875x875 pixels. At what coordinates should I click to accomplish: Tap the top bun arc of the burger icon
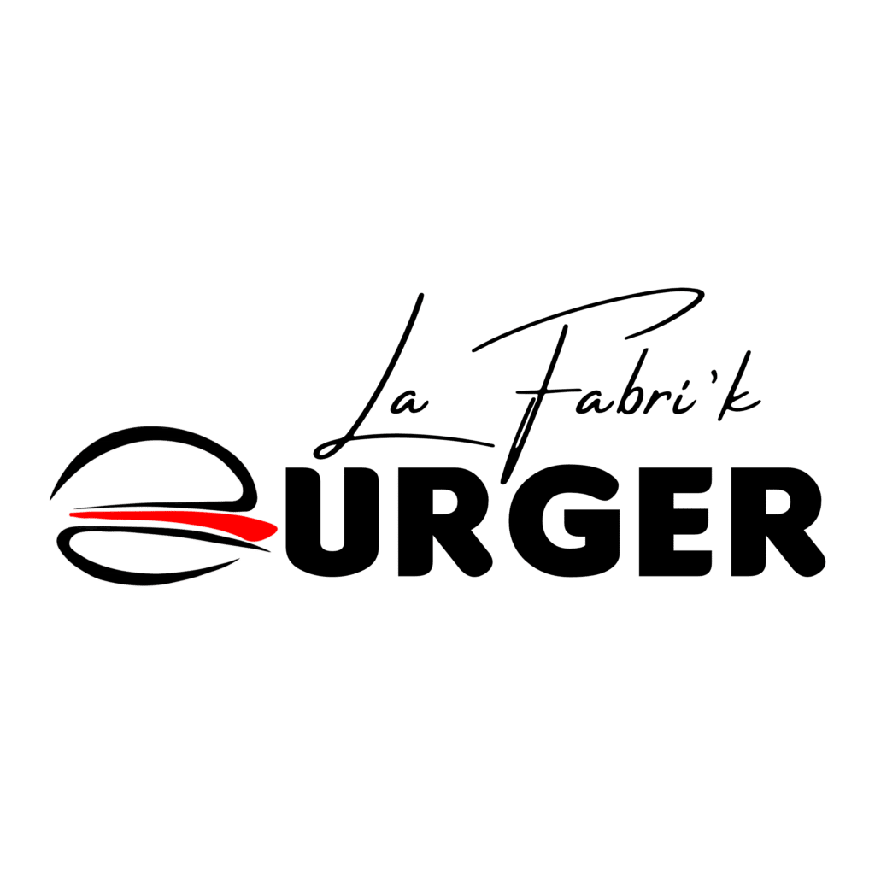pyautogui.click(x=145, y=437)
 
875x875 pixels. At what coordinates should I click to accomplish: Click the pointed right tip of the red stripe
pyautogui.click(x=273, y=527)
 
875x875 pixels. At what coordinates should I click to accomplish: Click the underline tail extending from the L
pyautogui.click(x=427, y=440)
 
